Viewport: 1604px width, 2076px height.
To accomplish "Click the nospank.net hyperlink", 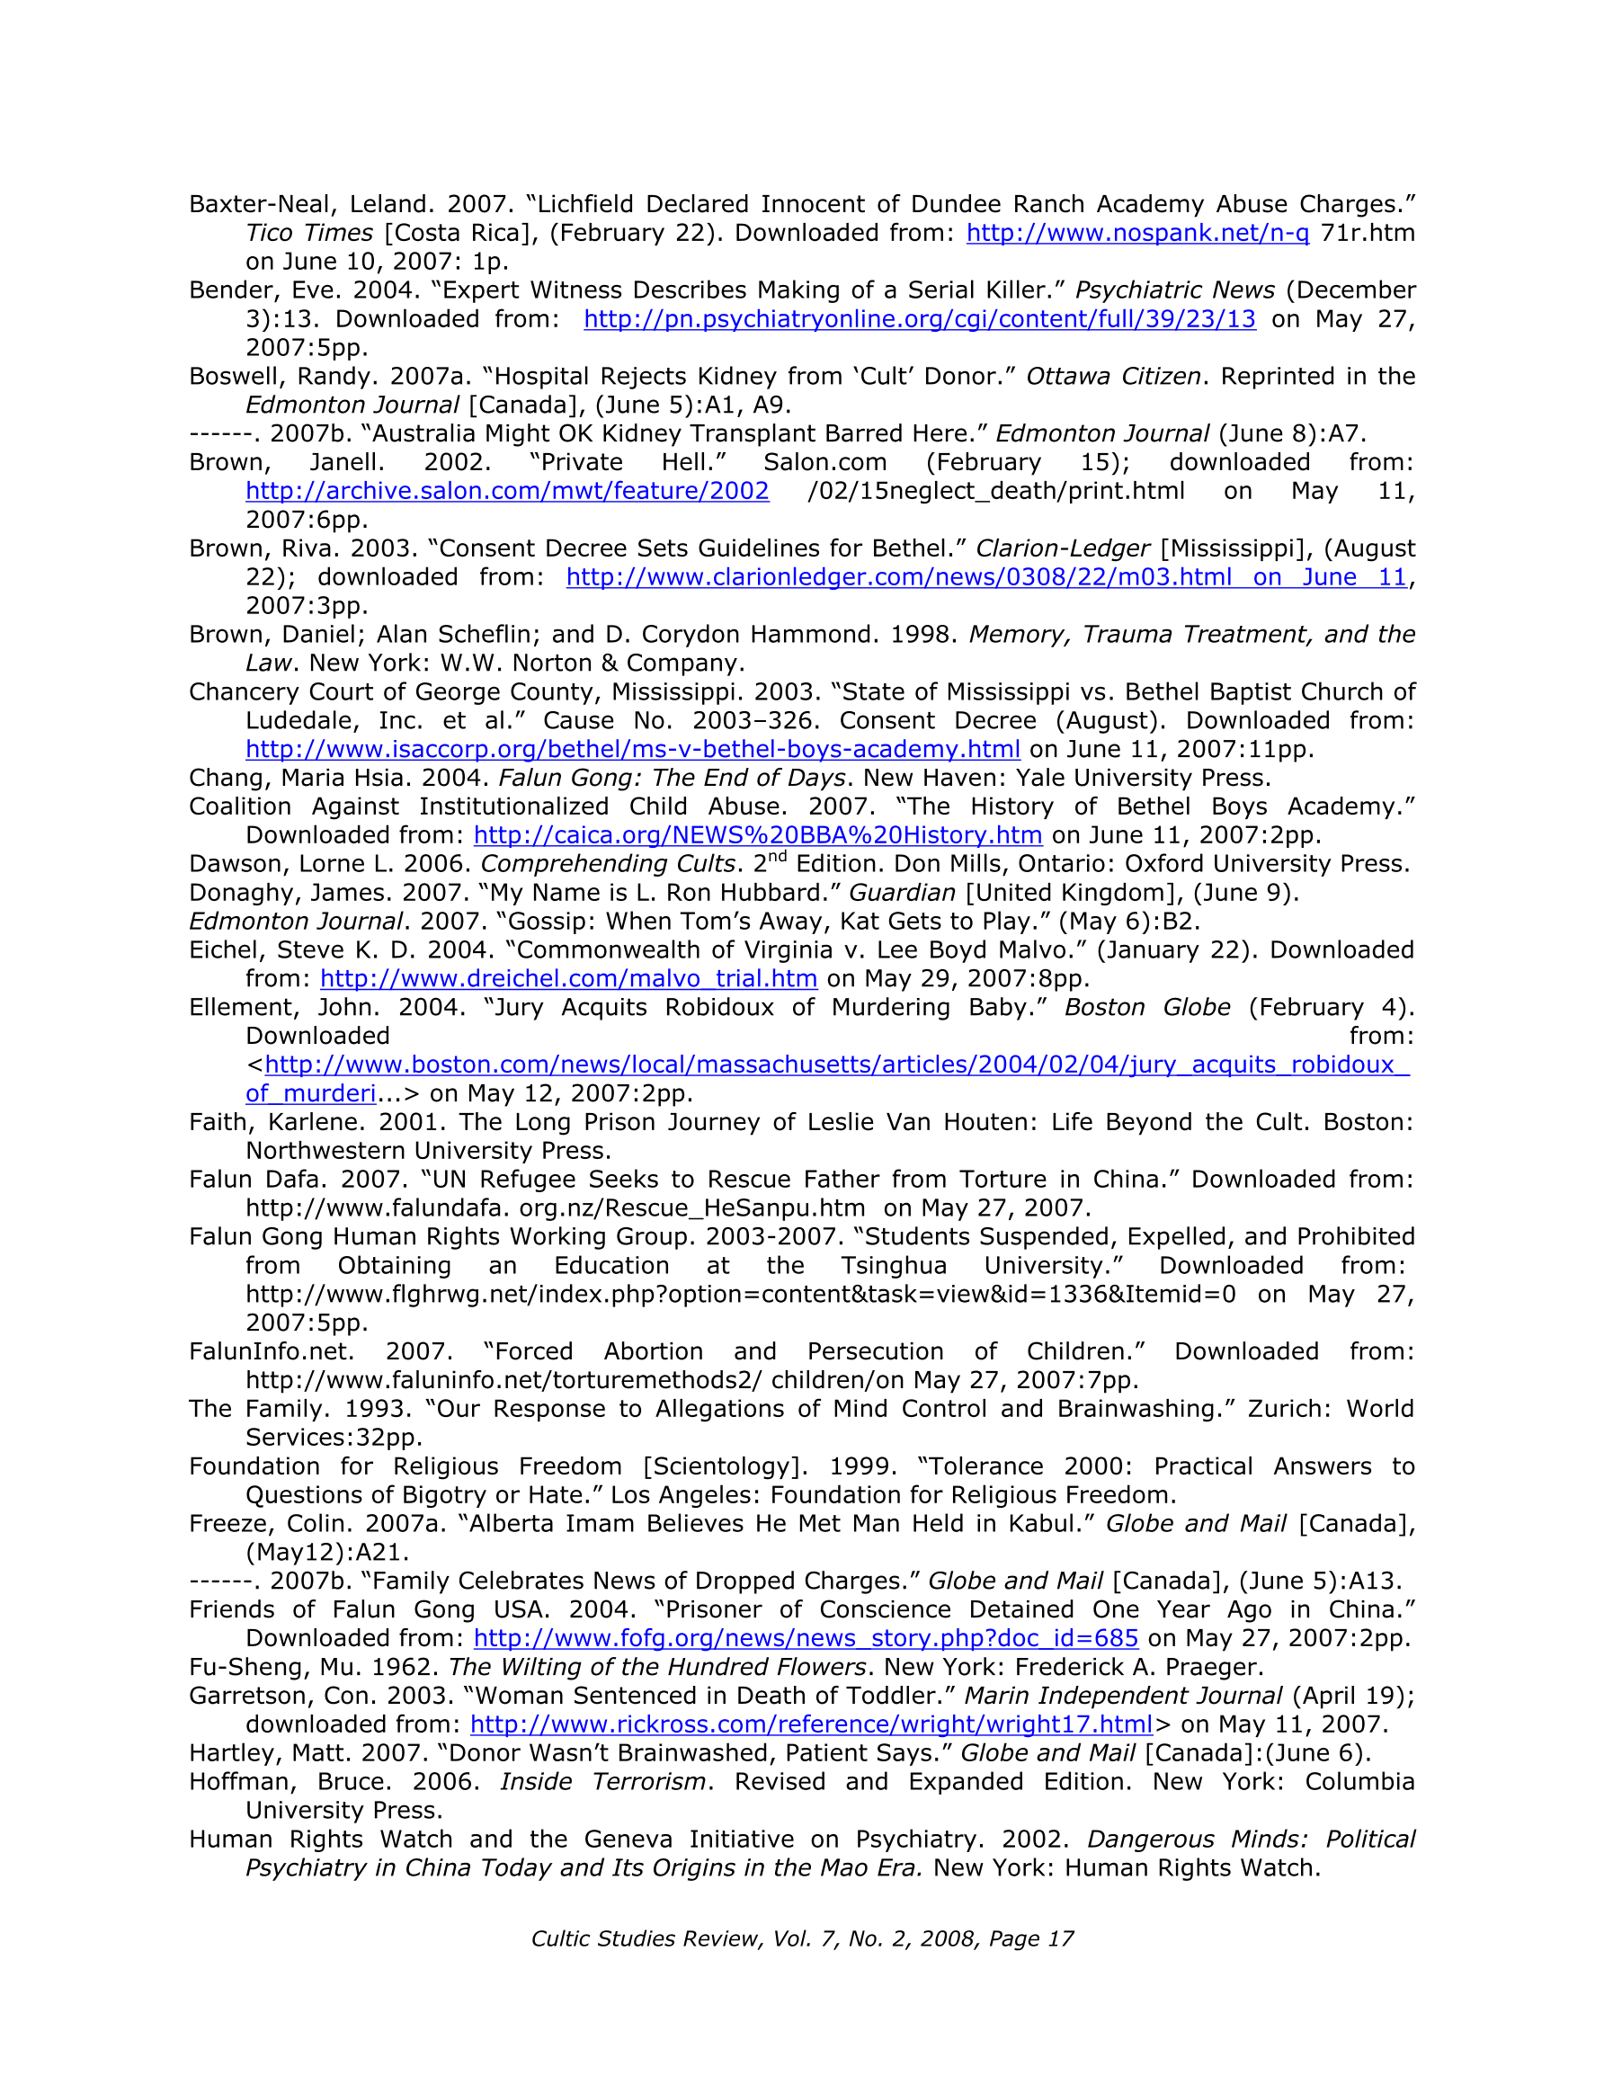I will pyautogui.click(x=1137, y=233).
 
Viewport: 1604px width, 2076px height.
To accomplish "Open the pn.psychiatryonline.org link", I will pyautogui.click(x=920, y=319).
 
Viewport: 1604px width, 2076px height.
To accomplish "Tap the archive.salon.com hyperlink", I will pyautogui.click(x=507, y=492).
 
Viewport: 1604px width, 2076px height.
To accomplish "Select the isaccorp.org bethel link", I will pyautogui.click(x=632, y=749).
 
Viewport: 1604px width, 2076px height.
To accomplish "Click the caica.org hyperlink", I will pyautogui.click(x=758, y=835).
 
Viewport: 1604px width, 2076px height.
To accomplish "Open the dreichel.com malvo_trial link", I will pyautogui.click(x=568, y=979).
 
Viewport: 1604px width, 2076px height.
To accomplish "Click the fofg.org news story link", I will pyautogui.click(x=806, y=1638).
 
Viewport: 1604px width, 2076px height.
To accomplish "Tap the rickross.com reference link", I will pyautogui.click(x=811, y=1724).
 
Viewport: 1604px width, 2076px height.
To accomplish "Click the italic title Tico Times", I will pyautogui.click(x=309, y=233).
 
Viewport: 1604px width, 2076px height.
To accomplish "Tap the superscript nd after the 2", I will pyautogui.click(x=777, y=858).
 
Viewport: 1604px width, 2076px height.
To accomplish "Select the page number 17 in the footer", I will pyautogui.click(x=1060, y=1939).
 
